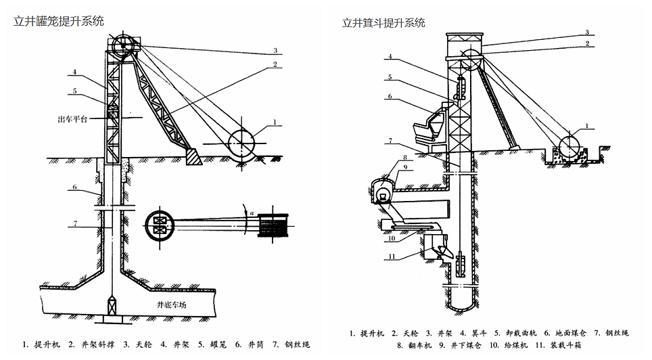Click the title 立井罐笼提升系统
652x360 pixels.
(x=59, y=21)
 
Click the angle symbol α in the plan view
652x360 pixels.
(x=252, y=213)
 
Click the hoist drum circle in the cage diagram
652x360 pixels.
(x=241, y=143)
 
